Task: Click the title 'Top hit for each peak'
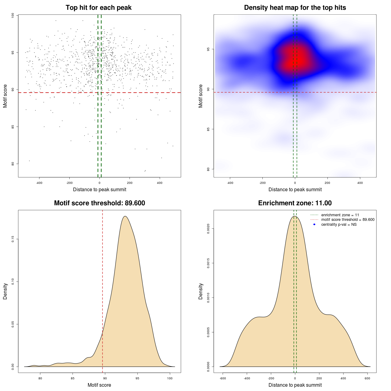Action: (x=99, y=8)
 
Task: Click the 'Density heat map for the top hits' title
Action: (x=295, y=8)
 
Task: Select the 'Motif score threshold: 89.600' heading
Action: (x=99, y=203)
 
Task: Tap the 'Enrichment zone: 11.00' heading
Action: (x=295, y=203)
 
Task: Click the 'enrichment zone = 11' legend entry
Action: (x=340, y=215)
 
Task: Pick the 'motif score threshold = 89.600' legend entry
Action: (x=348, y=220)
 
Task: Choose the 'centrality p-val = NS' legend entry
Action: (x=339, y=225)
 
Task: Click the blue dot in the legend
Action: (x=314, y=225)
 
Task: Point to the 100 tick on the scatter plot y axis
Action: (x=13, y=15)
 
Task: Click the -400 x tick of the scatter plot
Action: (x=39, y=183)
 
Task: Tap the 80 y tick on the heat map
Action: (x=208, y=169)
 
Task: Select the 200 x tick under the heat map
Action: (x=327, y=183)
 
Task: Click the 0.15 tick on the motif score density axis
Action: (x=13, y=239)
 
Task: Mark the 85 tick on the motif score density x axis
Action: (x=72, y=378)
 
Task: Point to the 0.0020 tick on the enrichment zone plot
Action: (x=208, y=228)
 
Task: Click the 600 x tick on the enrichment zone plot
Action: (x=367, y=378)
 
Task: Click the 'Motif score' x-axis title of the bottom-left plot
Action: (x=99, y=385)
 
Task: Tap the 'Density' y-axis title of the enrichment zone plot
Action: (x=201, y=291)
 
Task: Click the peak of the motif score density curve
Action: (x=125, y=216)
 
